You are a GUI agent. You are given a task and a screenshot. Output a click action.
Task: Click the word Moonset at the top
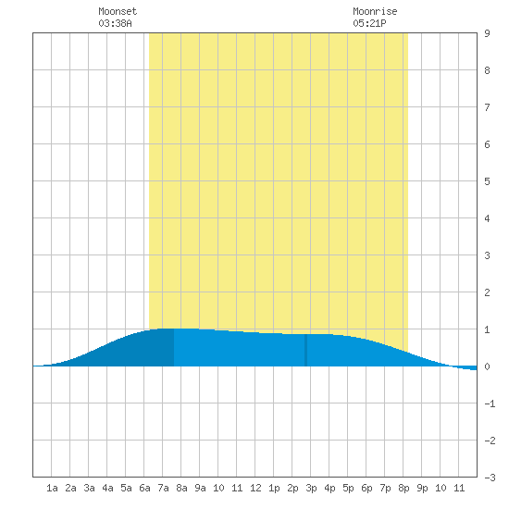(x=118, y=11)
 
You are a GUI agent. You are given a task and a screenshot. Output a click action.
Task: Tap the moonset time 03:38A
(x=115, y=23)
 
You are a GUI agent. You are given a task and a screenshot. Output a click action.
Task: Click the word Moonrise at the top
(x=375, y=11)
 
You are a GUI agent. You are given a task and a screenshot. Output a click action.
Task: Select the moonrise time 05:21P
(x=369, y=23)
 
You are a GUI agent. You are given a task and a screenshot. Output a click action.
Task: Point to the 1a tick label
(x=52, y=488)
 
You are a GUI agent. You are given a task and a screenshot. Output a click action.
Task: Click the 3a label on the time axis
(x=89, y=488)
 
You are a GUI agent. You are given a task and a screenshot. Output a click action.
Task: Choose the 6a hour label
(x=144, y=488)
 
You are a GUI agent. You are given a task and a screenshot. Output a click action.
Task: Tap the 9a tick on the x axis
(x=200, y=488)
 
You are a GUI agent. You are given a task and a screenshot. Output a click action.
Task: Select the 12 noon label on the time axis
(x=255, y=488)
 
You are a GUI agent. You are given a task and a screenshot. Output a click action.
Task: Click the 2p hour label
(x=292, y=488)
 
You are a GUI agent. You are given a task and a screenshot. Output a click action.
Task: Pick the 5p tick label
(x=348, y=488)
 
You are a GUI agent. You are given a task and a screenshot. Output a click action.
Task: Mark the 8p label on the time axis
(x=403, y=488)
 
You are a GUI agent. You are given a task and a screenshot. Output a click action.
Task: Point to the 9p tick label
(x=422, y=488)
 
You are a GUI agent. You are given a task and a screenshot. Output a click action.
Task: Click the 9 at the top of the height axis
(x=487, y=33)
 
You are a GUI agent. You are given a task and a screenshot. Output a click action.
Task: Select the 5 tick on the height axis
(x=487, y=181)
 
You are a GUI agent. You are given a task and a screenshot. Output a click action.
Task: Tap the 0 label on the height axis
(x=487, y=366)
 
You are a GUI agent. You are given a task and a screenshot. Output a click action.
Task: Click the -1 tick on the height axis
(x=490, y=403)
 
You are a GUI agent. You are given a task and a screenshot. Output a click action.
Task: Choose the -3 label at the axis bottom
(x=490, y=478)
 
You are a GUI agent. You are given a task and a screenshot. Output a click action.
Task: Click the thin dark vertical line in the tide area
(x=305, y=350)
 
